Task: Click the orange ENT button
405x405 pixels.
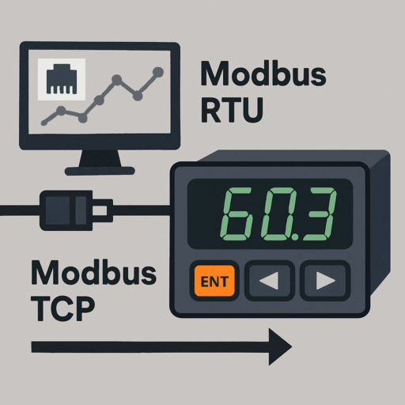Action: (214, 281)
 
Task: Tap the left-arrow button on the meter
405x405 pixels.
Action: (269, 281)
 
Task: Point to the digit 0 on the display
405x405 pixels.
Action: (279, 214)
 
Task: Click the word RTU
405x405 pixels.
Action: (232, 110)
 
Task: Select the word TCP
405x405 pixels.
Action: (62, 308)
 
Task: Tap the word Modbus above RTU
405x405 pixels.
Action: (263, 74)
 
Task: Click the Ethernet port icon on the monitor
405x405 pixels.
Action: (62, 78)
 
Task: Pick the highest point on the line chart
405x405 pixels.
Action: (158, 72)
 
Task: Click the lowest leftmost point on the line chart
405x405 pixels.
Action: (44, 123)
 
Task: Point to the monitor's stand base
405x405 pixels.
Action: (100, 171)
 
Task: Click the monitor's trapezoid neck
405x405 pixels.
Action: (100, 158)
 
